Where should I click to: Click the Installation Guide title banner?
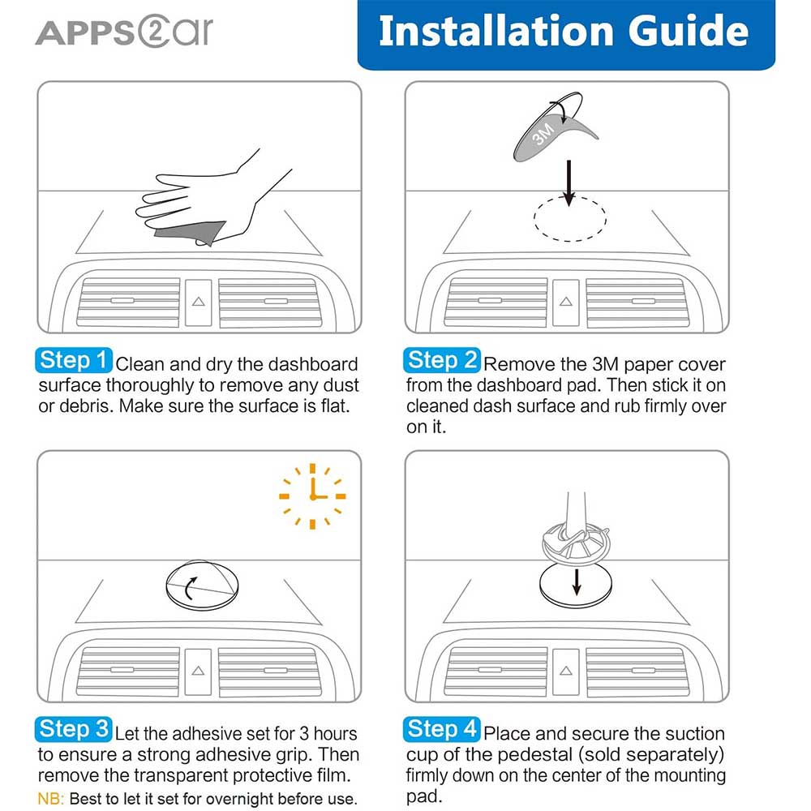[x=565, y=32]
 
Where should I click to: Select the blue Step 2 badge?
[x=442, y=360]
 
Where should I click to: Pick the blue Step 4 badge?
[x=442, y=729]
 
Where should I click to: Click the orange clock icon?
[x=312, y=496]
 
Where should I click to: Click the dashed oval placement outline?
[x=569, y=218]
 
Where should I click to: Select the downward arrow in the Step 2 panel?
[x=569, y=182]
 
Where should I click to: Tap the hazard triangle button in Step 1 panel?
[x=198, y=301]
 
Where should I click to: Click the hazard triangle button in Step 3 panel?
[x=198, y=671]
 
